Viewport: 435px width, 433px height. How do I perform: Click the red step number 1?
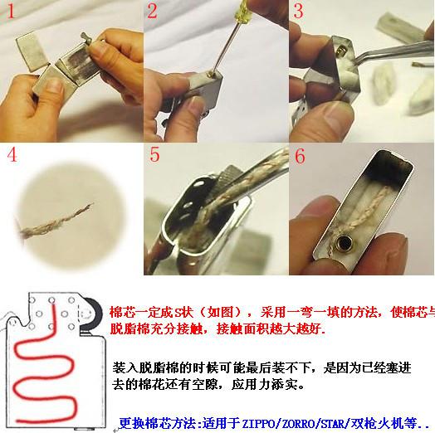(x=12, y=12)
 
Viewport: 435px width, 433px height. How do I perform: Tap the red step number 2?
(x=154, y=12)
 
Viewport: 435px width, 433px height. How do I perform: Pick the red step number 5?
(x=155, y=155)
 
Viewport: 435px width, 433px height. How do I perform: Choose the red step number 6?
(x=301, y=156)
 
